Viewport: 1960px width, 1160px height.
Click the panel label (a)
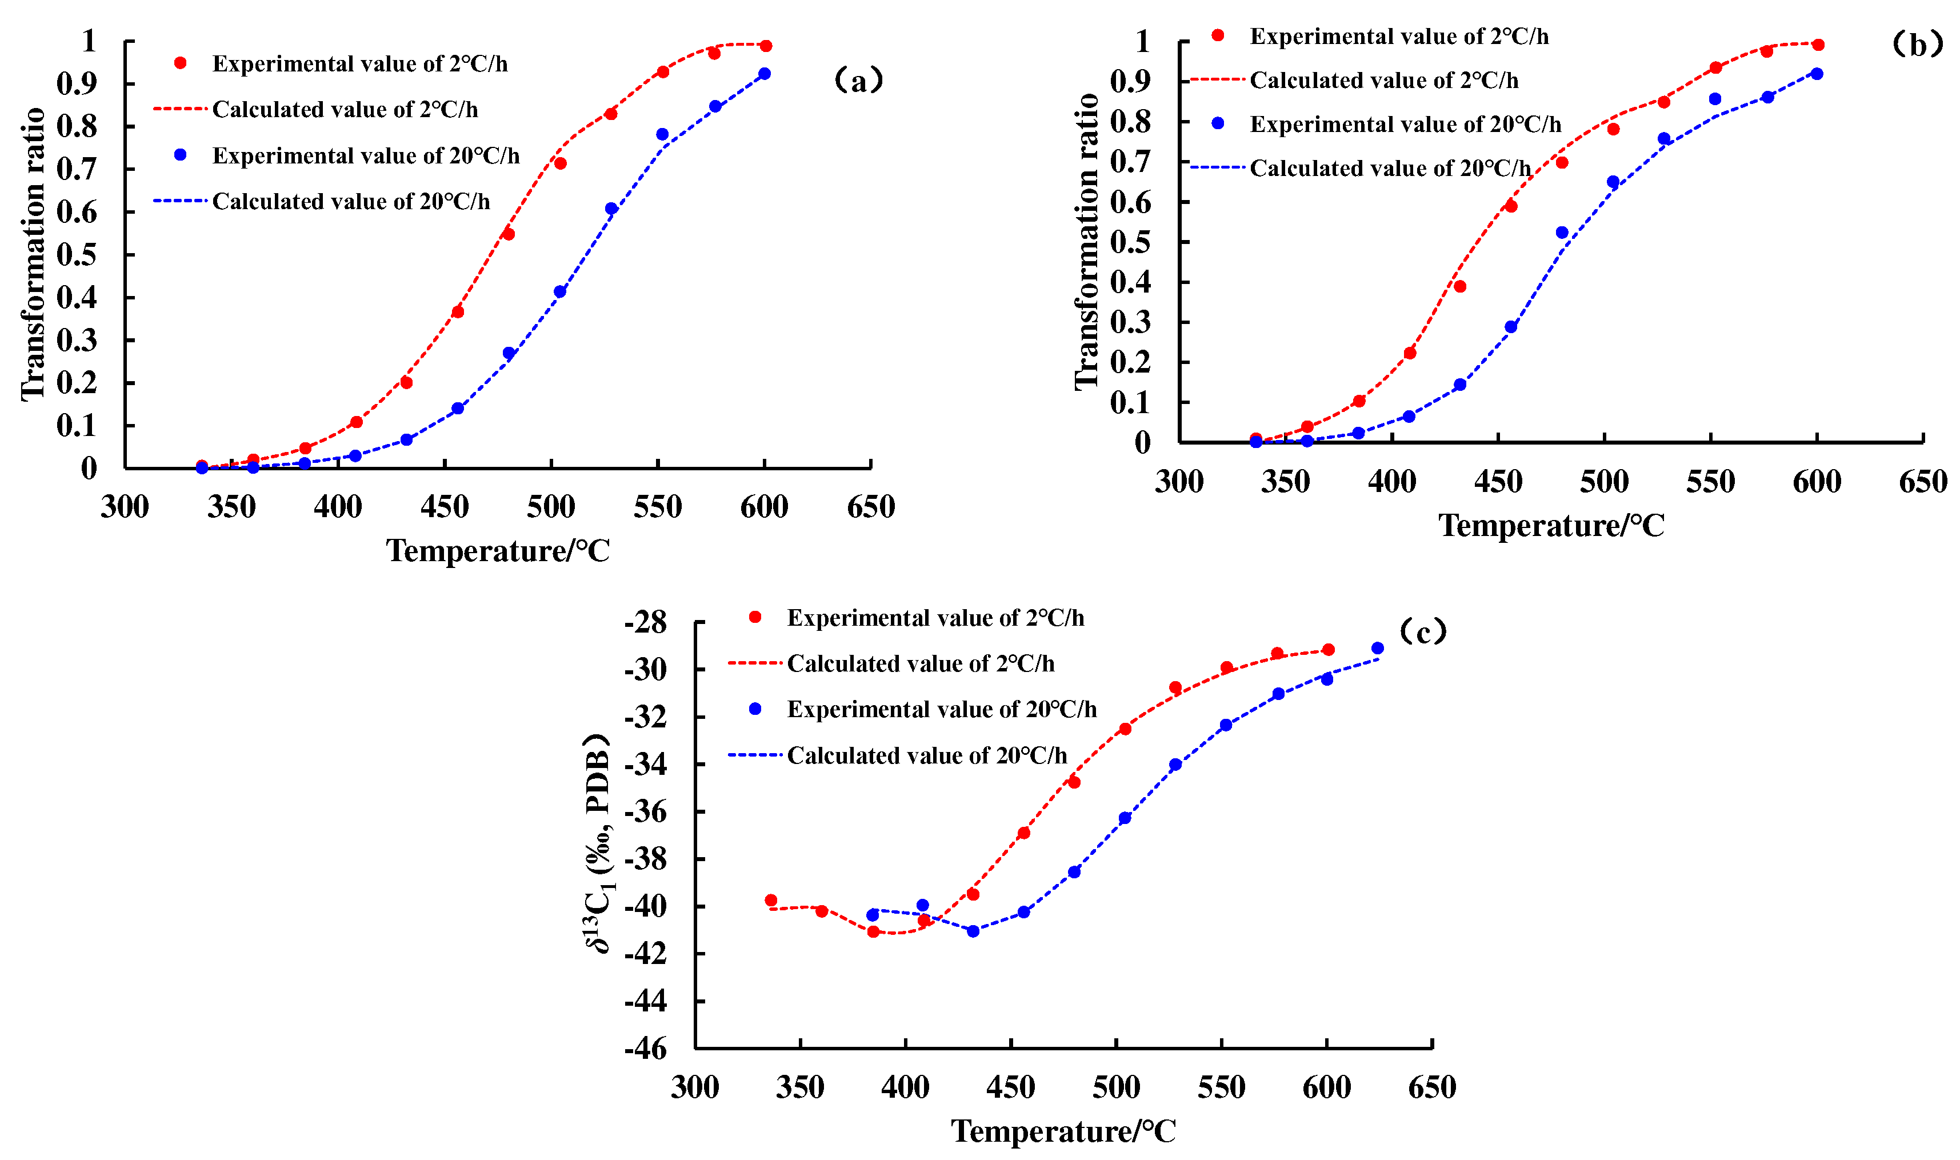(859, 81)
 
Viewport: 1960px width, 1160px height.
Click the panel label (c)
(1422, 631)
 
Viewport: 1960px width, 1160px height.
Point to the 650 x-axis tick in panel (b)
(1922, 482)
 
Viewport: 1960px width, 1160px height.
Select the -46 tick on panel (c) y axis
(646, 1048)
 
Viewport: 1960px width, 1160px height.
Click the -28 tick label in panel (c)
(646, 623)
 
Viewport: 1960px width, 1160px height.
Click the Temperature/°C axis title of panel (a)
(498, 551)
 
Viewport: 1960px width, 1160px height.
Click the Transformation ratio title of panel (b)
(1086, 241)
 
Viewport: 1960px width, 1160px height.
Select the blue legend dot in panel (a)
(181, 155)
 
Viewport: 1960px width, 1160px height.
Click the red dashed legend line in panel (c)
(755, 663)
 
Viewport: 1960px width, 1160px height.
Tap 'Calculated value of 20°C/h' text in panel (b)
(1390, 168)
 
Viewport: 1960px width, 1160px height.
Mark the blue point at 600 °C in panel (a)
(765, 74)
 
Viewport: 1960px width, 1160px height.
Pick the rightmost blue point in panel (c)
(1378, 648)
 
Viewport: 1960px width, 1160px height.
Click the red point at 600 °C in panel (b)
(1818, 45)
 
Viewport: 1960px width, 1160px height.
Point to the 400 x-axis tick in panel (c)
(905, 1087)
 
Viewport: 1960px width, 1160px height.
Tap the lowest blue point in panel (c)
(973, 931)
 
